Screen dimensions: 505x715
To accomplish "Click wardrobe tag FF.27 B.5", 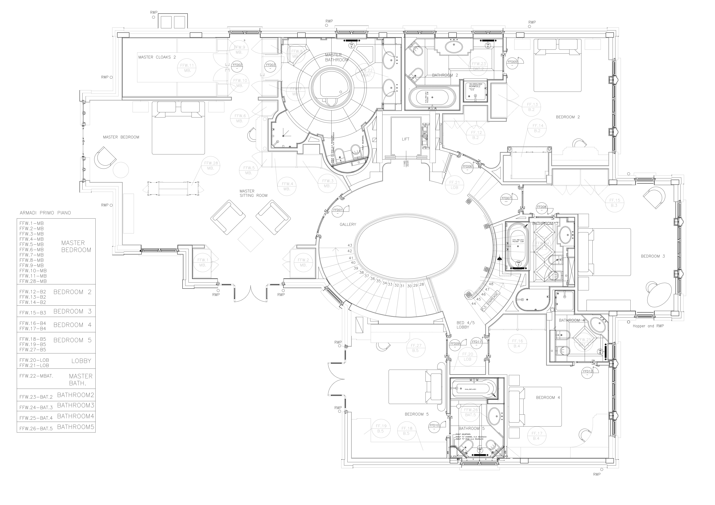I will [x=416, y=348].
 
